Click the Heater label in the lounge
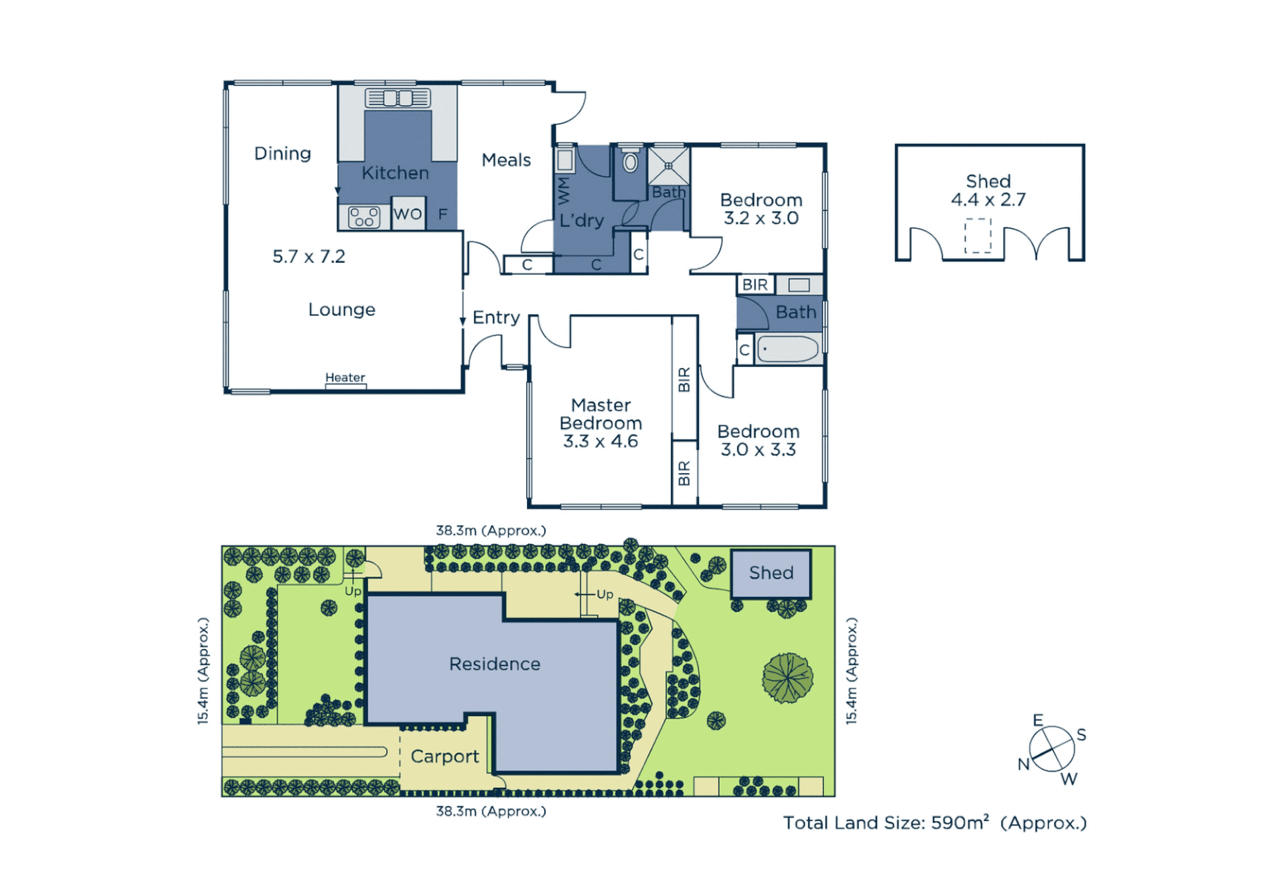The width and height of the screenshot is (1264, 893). point(345,378)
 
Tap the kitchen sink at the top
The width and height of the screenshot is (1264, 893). point(398,98)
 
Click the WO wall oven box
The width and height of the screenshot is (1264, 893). point(408,214)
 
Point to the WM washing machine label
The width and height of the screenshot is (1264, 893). point(564,190)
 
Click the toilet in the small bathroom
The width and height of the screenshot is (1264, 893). point(630,162)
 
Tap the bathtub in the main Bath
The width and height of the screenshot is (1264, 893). point(788,349)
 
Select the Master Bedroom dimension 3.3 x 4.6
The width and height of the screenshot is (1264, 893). point(601,442)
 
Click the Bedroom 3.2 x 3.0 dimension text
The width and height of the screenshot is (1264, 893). point(761,218)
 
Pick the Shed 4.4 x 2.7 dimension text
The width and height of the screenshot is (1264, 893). point(989,199)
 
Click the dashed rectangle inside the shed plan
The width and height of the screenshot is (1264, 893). point(978,236)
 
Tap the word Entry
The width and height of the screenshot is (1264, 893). point(496,318)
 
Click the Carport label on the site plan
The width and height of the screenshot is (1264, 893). point(445,757)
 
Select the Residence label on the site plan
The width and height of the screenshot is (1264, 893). point(495,664)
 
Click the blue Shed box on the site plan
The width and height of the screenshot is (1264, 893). point(771,573)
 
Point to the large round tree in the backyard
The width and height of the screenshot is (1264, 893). point(788,677)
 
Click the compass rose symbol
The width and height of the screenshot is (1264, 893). point(1052,750)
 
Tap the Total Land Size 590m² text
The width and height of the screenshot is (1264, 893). point(935,823)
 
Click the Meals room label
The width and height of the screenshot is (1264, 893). point(506,160)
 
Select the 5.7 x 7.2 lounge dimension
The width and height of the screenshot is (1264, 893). point(309,257)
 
